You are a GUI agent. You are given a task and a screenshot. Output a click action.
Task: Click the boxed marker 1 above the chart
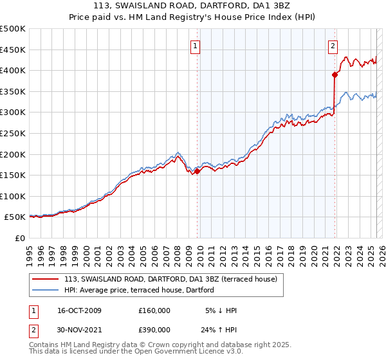[x=195, y=46]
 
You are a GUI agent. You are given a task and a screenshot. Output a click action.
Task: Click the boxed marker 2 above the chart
[x=333, y=46]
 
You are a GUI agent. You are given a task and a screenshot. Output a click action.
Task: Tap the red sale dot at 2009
[x=198, y=171]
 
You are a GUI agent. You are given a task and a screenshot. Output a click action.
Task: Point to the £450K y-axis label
[x=13, y=50]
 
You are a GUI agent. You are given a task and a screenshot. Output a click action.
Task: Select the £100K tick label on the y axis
[x=13, y=196]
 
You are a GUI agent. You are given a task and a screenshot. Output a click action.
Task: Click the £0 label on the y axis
[x=19, y=238]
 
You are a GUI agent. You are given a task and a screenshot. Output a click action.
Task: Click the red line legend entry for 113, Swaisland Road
[x=170, y=279]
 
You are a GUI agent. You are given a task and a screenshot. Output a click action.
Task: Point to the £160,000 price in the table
[x=154, y=310]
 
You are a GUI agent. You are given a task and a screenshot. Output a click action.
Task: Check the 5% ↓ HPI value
[x=221, y=310]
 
